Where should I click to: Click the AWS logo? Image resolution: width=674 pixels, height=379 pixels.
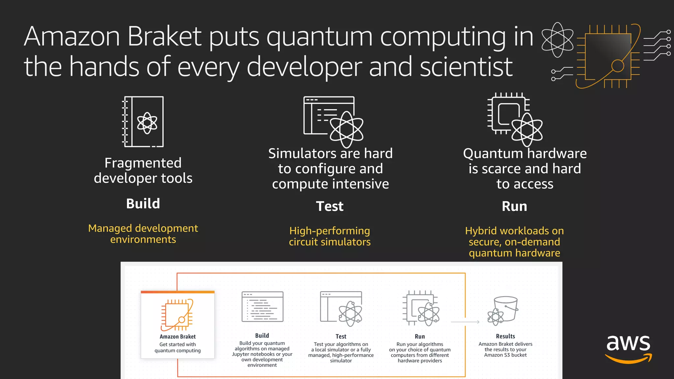point(628,349)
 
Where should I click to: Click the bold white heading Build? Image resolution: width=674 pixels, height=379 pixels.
point(143,204)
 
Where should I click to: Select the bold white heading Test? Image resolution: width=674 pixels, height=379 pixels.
point(329,206)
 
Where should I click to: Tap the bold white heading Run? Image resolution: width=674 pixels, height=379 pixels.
point(514,206)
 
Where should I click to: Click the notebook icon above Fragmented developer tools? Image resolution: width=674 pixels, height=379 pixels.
point(143,121)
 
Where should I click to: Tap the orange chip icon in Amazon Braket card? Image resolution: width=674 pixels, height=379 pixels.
point(177,315)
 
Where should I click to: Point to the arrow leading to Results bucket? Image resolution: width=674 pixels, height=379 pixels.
point(465,322)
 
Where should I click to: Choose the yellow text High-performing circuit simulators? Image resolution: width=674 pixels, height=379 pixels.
point(329,236)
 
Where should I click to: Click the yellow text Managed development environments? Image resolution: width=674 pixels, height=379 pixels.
point(143,234)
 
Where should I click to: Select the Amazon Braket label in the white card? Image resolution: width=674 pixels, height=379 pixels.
point(177,337)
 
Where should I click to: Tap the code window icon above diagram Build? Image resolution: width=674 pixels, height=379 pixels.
point(262,307)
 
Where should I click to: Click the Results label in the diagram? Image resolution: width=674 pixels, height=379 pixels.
point(505,336)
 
